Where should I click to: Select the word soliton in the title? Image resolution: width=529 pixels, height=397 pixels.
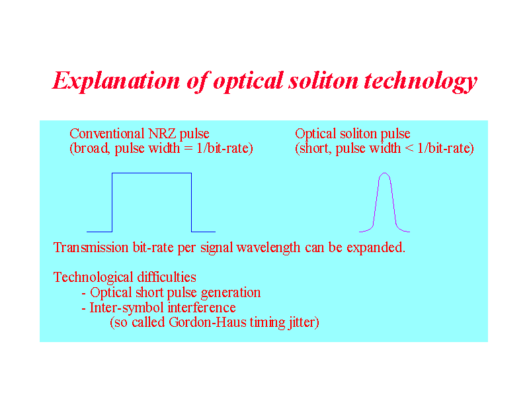tap(323, 81)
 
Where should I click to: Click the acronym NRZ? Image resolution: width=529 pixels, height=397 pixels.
tap(162, 134)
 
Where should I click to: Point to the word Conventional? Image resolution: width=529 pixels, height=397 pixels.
tap(107, 134)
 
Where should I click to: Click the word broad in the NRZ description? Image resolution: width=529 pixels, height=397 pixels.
tap(91, 148)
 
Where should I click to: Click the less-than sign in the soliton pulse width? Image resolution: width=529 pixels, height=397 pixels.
tap(409, 149)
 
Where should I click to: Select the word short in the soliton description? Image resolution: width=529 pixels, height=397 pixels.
tap(315, 148)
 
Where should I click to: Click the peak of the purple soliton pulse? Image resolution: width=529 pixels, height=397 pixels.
tap(384, 173)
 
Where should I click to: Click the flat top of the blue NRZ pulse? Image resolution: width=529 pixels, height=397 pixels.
tap(152, 173)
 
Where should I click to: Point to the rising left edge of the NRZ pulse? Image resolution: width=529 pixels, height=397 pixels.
tap(112, 202)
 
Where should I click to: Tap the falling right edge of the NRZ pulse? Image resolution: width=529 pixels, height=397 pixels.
tap(192, 202)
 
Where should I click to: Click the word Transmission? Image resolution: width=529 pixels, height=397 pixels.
tap(91, 247)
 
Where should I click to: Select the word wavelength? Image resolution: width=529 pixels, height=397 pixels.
tap(268, 248)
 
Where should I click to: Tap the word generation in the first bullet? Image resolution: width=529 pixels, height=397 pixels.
tap(231, 293)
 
